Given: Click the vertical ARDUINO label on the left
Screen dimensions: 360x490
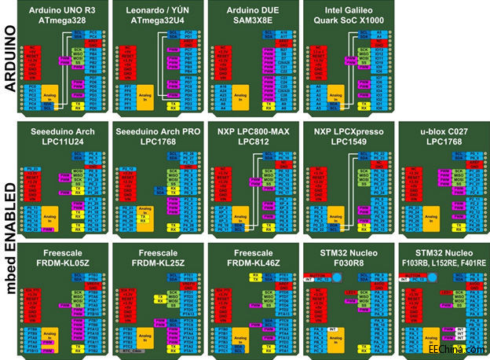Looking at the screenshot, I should (x=10, y=60).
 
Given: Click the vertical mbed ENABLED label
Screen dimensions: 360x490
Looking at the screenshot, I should (x=10, y=235).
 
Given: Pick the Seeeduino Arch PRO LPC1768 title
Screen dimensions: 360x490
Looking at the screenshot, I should (x=158, y=134).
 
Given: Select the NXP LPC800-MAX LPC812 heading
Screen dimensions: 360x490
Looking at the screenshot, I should (x=250, y=134).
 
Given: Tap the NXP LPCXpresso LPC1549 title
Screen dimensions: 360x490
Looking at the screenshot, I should (x=346, y=134).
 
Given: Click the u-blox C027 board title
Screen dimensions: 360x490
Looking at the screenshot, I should (x=440, y=134).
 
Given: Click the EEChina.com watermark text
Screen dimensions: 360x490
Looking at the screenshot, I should (x=455, y=349).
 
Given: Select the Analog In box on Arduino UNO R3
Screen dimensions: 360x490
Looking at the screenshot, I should (x=49, y=95).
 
